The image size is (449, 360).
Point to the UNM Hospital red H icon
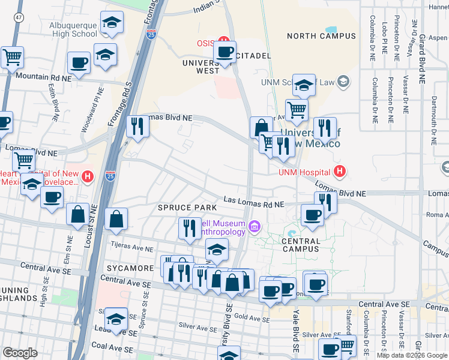pos(340,172)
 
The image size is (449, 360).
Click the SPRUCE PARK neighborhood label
pos(187,208)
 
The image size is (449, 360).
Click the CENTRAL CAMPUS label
pos(292,245)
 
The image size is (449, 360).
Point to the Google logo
pos(20,353)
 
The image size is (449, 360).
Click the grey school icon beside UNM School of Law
pos(343,81)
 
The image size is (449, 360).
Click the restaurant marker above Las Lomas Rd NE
pos(325,202)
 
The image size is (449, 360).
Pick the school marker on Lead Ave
pos(116,318)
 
